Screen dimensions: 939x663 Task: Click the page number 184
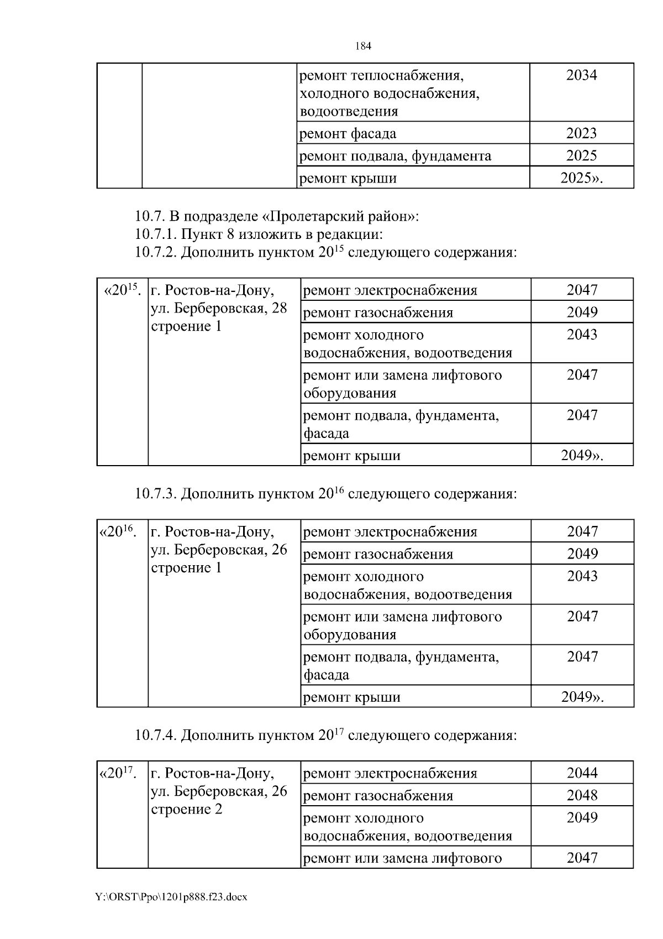tap(362, 46)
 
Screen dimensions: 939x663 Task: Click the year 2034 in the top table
tap(581, 75)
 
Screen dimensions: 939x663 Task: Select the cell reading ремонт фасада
tap(348, 134)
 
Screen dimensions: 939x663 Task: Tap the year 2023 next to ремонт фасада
tap(581, 133)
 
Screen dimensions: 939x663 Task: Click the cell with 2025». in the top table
tap(581, 178)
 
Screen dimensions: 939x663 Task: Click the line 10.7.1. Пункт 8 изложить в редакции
tap(259, 234)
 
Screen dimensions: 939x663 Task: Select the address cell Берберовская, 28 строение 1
tap(219, 309)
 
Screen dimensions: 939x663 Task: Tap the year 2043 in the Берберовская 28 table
tap(582, 335)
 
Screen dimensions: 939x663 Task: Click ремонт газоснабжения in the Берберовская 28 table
tap(378, 312)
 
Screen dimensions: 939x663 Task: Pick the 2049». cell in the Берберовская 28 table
tap(582, 455)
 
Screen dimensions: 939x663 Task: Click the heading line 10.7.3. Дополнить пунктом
tap(325, 493)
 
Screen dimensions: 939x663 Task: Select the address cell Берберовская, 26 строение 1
tap(219, 550)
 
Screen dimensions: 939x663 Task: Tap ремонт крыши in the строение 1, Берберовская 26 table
tap(352, 697)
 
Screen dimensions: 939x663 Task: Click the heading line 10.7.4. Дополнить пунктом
tap(325, 735)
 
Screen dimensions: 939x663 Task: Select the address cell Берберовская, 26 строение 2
tap(219, 791)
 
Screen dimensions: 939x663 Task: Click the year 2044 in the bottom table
tap(582, 773)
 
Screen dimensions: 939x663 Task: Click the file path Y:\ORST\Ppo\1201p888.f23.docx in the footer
tap(171, 897)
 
